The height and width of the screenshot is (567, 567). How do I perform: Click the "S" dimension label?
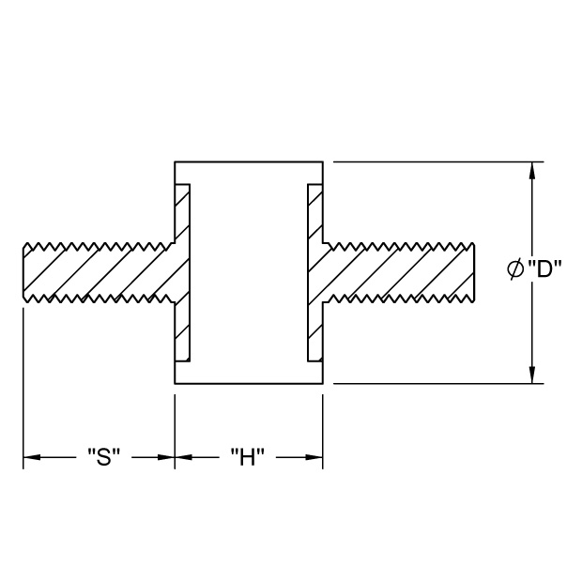pos(104,457)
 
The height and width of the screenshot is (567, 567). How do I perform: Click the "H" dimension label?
pos(248,457)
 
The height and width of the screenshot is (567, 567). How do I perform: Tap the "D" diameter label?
pos(544,269)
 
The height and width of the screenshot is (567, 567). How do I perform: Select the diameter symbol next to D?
pos(515,269)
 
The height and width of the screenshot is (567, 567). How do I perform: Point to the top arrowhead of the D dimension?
pos(532,170)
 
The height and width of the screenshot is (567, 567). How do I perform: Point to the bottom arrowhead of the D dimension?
pos(532,375)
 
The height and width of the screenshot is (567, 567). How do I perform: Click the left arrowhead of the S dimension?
pos(32,457)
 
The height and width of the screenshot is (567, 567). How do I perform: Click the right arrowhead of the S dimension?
pos(166,457)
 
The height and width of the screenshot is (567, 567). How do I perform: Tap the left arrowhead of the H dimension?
pos(184,457)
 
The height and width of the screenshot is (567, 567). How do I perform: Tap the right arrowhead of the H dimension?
pos(314,457)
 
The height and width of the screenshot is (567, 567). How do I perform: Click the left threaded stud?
pos(99,272)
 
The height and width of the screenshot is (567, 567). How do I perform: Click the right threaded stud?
pos(398,272)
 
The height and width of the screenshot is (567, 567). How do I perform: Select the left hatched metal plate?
pos(182,272)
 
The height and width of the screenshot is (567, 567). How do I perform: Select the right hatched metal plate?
pos(315,272)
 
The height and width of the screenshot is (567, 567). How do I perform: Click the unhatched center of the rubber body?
pos(249,272)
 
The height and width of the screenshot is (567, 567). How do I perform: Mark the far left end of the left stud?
pos(23,272)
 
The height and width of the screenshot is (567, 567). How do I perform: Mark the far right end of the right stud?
pos(474,272)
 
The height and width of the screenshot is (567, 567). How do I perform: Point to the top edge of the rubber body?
pos(249,161)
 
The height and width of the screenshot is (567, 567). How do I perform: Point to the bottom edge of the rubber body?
pos(249,383)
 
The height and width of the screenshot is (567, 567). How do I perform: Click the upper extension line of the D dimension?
pos(438,161)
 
